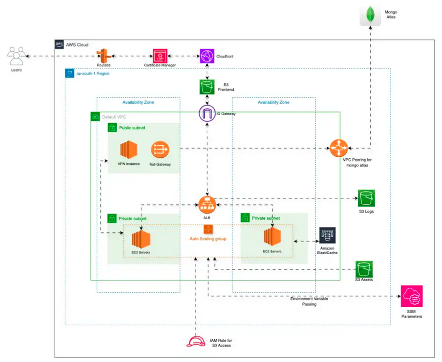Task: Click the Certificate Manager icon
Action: click(160, 56)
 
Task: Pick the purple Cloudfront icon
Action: click(207, 56)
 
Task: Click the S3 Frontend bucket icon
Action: click(207, 87)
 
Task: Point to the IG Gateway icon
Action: click(207, 114)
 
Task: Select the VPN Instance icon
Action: click(129, 150)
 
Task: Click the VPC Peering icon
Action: click(339, 148)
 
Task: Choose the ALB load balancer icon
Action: click(207, 205)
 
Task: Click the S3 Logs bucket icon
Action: click(366, 198)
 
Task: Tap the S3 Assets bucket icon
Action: click(364, 269)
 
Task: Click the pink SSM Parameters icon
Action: click(412, 296)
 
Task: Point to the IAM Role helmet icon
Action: click(196, 341)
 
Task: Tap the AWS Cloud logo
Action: click(59, 45)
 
